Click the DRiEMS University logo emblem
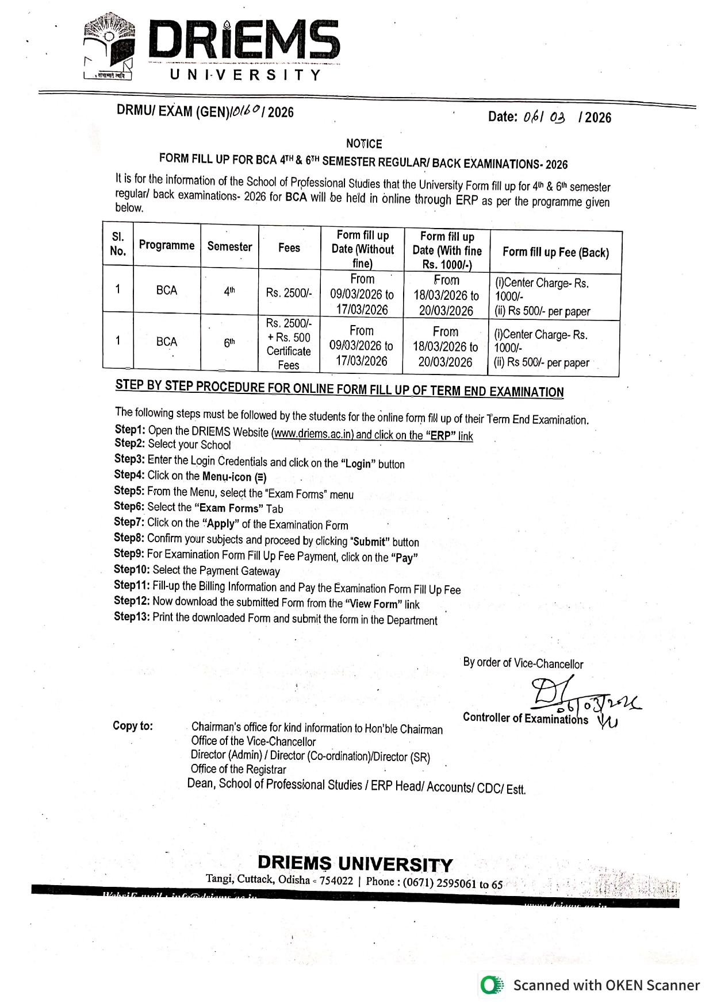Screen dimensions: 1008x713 (109, 46)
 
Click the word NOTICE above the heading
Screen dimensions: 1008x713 (364, 144)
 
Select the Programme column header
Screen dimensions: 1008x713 (167, 245)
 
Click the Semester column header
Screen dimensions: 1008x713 (229, 246)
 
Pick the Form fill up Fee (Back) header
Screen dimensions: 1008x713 (555, 252)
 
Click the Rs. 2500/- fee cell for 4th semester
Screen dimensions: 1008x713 (289, 293)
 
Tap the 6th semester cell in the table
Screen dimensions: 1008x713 (229, 343)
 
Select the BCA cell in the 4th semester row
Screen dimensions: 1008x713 (167, 291)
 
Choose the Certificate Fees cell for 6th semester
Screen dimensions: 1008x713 (289, 344)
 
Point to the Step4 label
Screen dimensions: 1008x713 (129, 475)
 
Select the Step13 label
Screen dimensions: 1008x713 (132, 617)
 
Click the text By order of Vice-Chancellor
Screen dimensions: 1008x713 (523, 663)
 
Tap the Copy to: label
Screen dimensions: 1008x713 (133, 725)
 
